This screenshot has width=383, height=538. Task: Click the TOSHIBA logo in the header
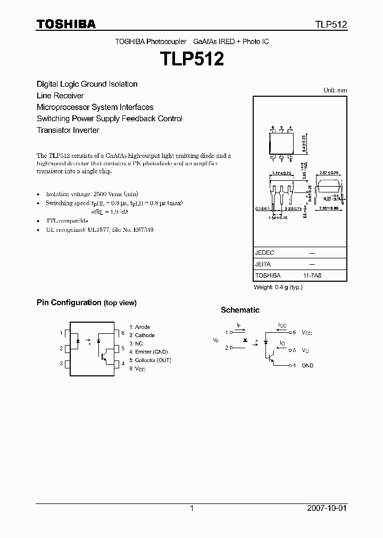click(x=66, y=24)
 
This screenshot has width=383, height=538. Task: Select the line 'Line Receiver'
click(x=60, y=96)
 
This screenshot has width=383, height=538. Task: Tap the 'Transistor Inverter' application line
click(x=68, y=130)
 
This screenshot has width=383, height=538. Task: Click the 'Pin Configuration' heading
click(x=69, y=302)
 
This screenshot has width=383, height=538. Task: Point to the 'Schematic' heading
click(x=240, y=310)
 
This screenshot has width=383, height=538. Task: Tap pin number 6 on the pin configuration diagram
click(x=122, y=333)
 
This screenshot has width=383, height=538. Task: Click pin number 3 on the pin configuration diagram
click(x=61, y=364)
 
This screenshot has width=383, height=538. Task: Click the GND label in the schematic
click(x=307, y=366)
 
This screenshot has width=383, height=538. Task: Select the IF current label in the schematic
click(x=239, y=324)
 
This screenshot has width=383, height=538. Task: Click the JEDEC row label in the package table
click(x=264, y=253)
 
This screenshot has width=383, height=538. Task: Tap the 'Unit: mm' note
click(x=335, y=90)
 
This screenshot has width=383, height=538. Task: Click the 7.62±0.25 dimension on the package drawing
click(x=328, y=173)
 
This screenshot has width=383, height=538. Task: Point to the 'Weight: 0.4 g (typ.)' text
click(x=278, y=287)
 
